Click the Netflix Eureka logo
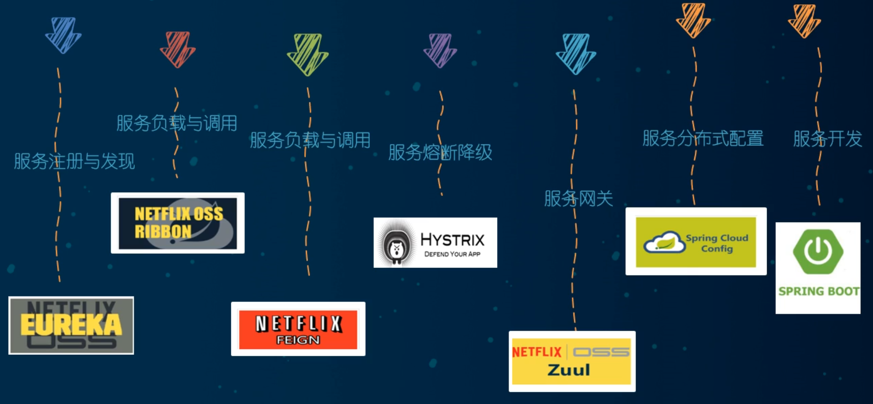(x=71, y=325)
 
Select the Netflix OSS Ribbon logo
(x=178, y=223)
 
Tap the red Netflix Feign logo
(x=298, y=329)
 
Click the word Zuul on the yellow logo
(x=569, y=370)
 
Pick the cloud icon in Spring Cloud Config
(x=664, y=242)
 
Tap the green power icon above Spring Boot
(x=818, y=251)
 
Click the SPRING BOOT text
(x=818, y=292)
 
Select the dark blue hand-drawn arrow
(x=63, y=35)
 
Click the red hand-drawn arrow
(x=177, y=49)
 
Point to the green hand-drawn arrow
(x=308, y=54)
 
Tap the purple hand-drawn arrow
(x=440, y=50)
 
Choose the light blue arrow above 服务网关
(x=576, y=54)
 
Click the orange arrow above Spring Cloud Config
(x=693, y=20)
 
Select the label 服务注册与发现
(x=74, y=161)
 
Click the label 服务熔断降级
(x=440, y=153)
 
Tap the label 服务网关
(x=578, y=198)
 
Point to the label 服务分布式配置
(x=703, y=139)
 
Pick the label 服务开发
(x=828, y=139)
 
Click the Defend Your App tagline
(x=452, y=254)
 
